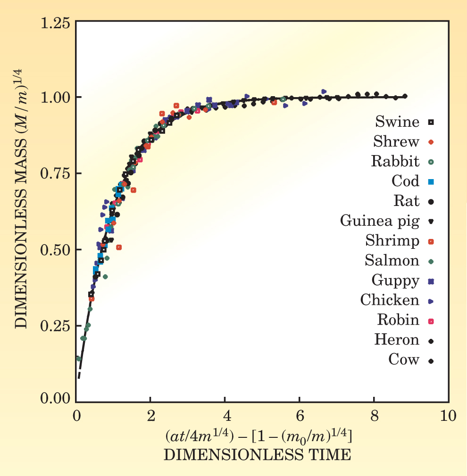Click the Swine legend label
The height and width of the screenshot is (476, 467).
(x=397, y=122)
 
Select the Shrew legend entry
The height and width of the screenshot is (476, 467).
(x=396, y=141)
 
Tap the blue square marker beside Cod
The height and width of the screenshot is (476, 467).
(x=431, y=181)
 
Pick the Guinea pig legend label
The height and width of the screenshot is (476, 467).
(x=380, y=221)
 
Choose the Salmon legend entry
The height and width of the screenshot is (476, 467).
(x=392, y=260)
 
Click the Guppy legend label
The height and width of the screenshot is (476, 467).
(x=395, y=280)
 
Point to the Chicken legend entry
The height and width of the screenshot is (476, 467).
(x=390, y=300)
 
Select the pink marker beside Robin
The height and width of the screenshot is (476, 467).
(x=431, y=320)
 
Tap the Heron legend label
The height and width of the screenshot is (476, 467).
(x=397, y=339)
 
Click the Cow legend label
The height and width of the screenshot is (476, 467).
(x=404, y=360)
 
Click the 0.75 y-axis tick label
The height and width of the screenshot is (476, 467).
(x=56, y=173)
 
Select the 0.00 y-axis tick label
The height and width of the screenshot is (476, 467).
(x=56, y=399)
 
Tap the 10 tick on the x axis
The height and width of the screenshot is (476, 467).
(x=448, y=417)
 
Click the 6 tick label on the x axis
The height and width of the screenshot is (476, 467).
(x=299, y=417)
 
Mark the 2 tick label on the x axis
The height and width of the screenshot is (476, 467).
(x=150, y=417)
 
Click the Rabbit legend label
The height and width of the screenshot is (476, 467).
(x=395, y=161)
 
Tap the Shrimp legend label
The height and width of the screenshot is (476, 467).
(x=392, y=241)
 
